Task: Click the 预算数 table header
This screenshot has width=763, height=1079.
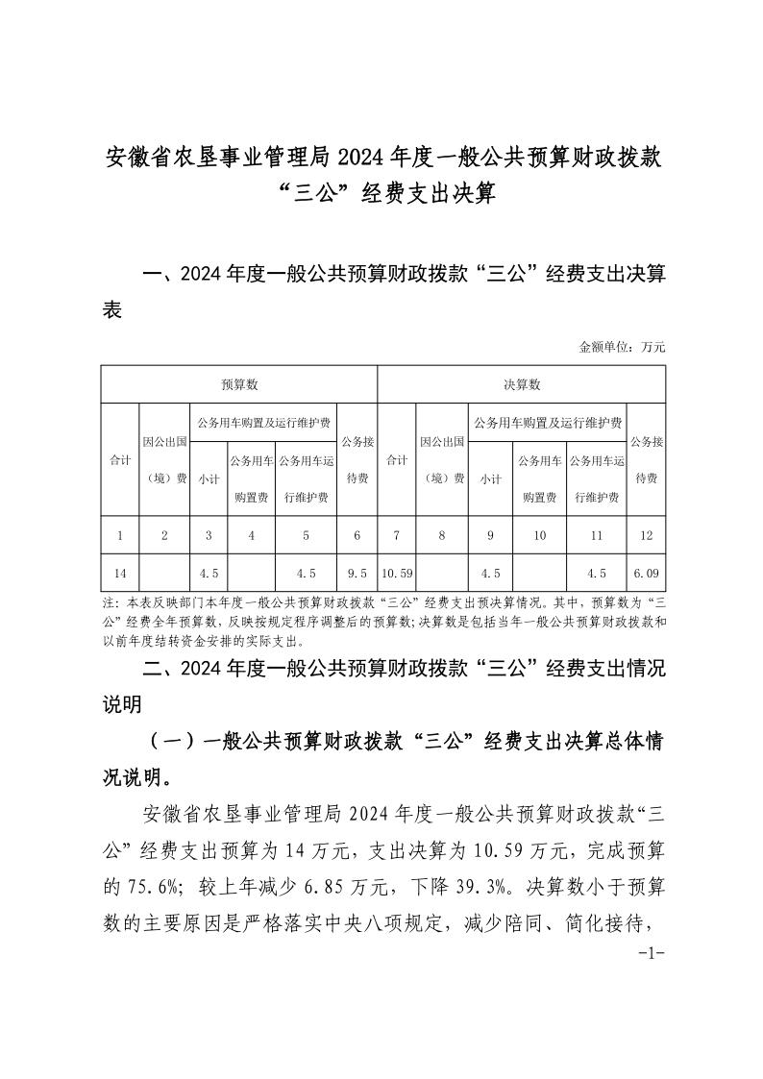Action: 239,384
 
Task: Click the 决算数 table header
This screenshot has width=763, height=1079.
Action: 522,384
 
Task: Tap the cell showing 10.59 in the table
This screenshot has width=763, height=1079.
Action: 396,574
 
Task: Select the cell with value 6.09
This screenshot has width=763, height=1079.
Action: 646,574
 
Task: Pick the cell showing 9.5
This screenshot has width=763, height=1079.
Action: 357,574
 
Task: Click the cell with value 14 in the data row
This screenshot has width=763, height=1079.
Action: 121,574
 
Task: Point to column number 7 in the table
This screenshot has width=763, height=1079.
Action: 396,535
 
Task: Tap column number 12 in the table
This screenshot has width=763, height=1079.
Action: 646,535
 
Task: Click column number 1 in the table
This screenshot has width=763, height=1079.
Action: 121,535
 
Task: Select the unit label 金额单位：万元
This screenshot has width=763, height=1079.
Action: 622,346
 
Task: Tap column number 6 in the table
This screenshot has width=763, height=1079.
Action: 357,535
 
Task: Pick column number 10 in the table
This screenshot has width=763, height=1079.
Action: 540,535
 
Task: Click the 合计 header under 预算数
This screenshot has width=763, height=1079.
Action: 121,460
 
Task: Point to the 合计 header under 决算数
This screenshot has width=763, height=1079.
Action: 396,460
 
